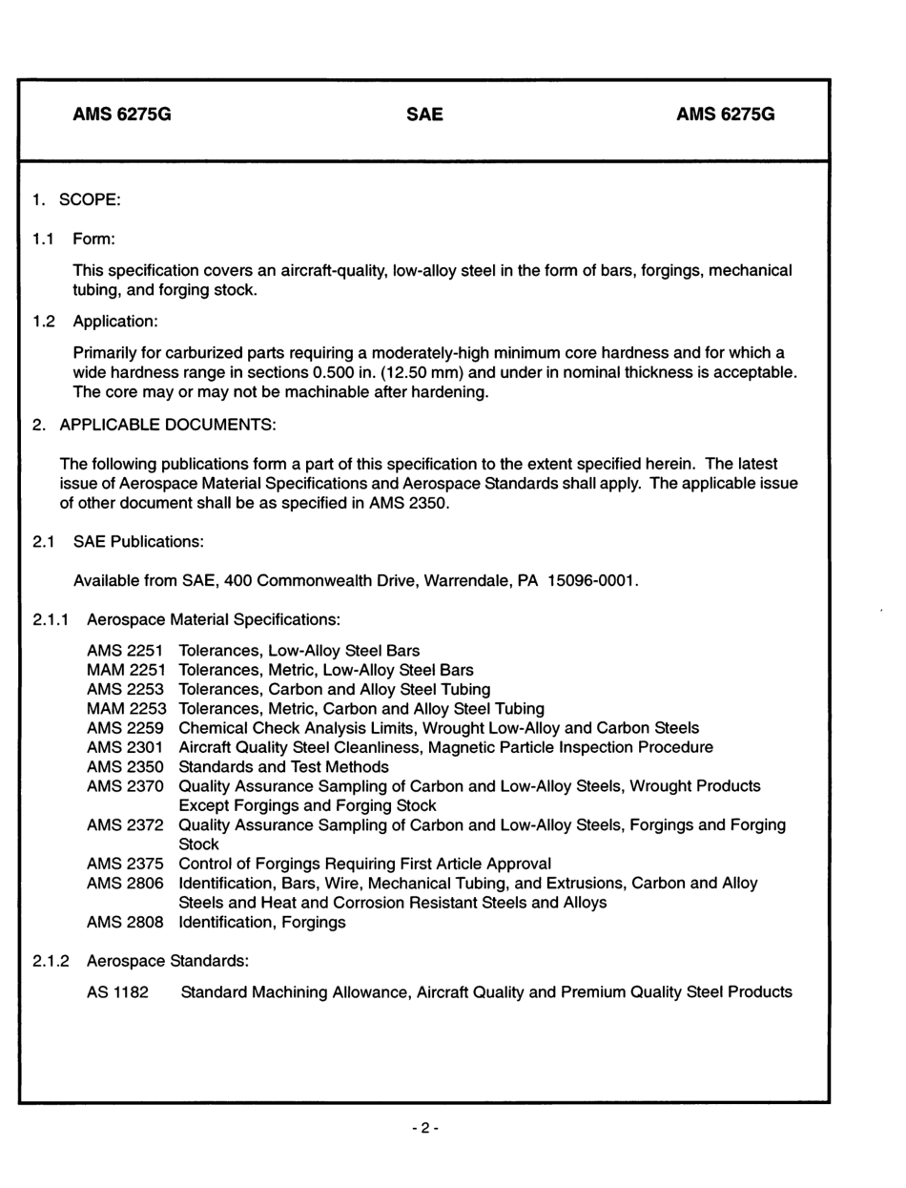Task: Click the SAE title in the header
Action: coord(424,115)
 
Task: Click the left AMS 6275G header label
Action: coord(122,115)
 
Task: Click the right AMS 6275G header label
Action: coord(726,115)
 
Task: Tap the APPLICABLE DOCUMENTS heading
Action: coord(167,424)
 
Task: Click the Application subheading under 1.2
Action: coord(115,321)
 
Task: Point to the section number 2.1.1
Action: coord(50,620)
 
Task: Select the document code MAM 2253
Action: coord(126,708)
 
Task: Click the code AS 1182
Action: coord(117,992)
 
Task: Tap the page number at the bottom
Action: coord(425,1128)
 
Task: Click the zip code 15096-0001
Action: coord(591,581)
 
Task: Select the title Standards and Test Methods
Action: coord(283,767)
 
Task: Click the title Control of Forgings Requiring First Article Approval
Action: coord(365,865)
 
